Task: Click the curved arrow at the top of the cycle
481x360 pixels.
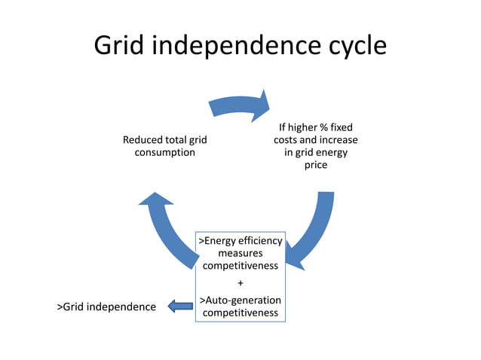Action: pos(239,105)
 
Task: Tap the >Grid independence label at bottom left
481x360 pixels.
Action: pos(106,307)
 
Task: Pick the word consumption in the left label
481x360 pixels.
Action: pos(164,152)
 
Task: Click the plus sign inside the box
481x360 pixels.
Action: pos(240,283)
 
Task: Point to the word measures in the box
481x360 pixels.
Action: pos(240,253)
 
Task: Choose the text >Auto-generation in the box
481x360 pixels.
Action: pos(240,301)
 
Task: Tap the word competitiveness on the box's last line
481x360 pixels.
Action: pos(240,313)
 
